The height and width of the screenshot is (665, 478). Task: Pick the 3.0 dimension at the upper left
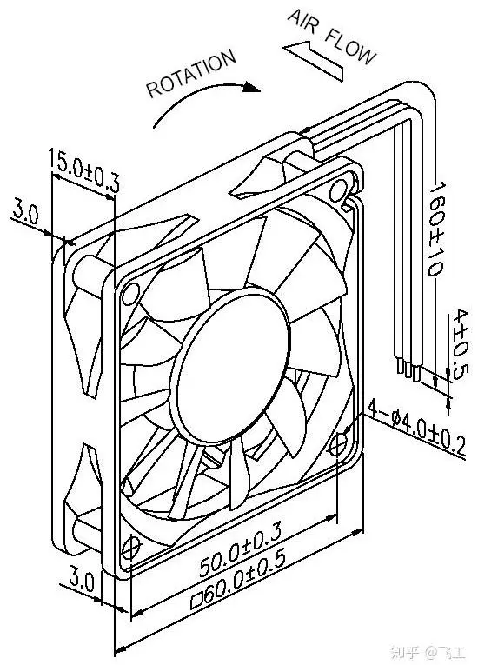[26, 212]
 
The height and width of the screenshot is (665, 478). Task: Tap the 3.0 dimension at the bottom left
[83, 581]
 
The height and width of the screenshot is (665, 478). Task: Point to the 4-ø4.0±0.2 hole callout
[417, 427]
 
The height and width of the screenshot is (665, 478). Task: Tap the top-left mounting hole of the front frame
[131, 289]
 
